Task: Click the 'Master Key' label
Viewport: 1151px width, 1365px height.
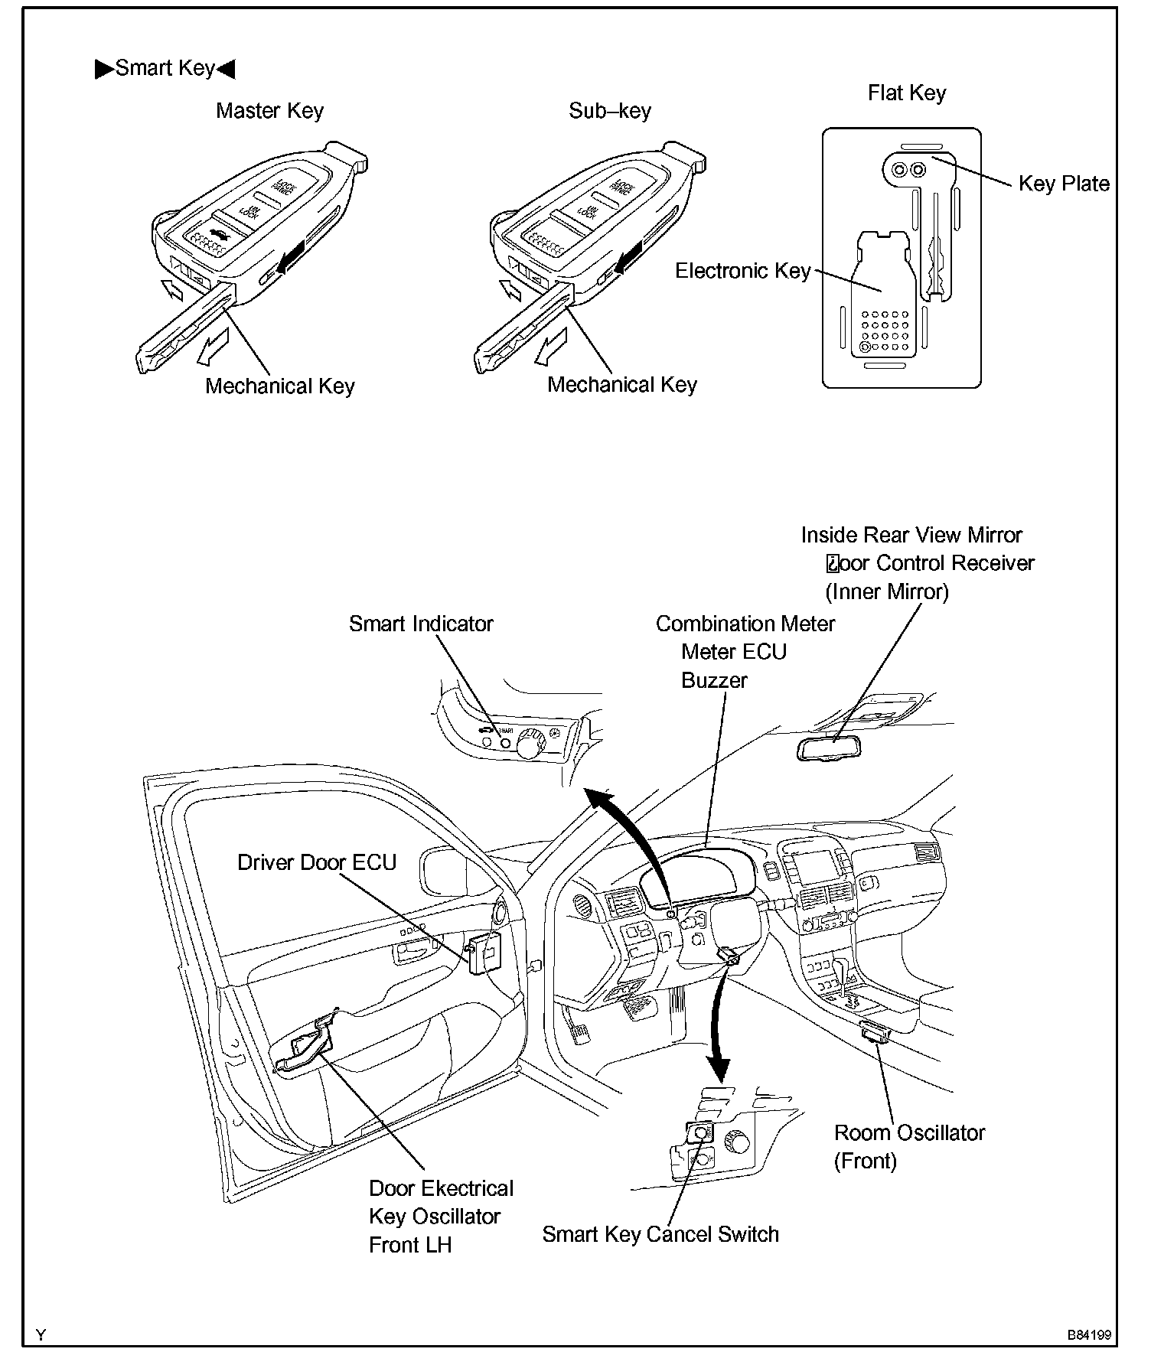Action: click(x=269, y=111)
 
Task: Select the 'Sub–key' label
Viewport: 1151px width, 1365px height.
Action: click(x=609, y=111)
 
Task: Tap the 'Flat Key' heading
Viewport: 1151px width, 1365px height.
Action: click(x=906, y=93)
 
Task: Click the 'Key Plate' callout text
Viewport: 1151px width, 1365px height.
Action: click(x=1063, y=184)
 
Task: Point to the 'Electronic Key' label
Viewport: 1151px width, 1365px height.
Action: click(x=742, y=271)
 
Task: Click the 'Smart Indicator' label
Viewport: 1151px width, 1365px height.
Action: click(x=421, y=624)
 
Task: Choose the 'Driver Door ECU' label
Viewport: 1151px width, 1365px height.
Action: click(x=317, y=862)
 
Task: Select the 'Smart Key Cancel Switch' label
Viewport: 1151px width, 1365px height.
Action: click(x=660, y=1234)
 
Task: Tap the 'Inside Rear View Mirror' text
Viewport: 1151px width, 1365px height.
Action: click(x=911, y=535)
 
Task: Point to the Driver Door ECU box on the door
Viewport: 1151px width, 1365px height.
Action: click(x=485, y=952)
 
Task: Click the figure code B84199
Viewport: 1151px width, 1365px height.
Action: click(x=1089, y=1335)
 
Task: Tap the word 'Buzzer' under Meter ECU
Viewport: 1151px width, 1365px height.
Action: click(x=713, y=680)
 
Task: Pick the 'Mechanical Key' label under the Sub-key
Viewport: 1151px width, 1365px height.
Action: click(x=621, y=384)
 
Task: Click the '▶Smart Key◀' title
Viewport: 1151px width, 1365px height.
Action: click(x=165, y=68)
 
